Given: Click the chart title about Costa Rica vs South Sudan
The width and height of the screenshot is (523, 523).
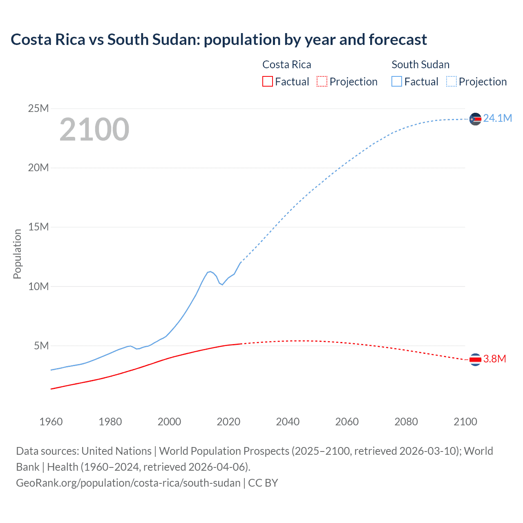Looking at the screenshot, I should point(219,40).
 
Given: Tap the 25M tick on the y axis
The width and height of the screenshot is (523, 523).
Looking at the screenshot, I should point(38,109).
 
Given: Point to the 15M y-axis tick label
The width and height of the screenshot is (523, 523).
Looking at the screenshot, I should point(38,227).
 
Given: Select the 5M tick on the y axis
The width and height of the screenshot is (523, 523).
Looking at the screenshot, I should point(41,346).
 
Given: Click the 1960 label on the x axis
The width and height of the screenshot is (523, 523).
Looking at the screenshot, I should point(51,422).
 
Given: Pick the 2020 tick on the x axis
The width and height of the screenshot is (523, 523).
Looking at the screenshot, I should point(228,422).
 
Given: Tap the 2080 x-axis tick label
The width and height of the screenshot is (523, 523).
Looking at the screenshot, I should point(406,422).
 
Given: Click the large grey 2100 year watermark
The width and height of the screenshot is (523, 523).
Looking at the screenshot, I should point(94,130).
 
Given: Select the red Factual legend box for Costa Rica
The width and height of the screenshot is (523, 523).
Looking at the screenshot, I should point(267,82).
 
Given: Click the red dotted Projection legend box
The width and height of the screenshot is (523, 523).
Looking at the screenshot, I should point(322,82).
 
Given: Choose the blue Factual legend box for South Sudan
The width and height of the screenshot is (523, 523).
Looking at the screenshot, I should point(397,82).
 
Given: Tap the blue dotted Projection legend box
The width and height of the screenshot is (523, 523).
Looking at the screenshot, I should point(451,82).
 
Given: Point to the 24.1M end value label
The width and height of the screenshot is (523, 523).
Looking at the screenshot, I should point(497,118).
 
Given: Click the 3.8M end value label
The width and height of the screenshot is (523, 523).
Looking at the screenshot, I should point(494,359).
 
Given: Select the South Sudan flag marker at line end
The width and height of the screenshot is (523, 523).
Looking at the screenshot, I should point(475,119).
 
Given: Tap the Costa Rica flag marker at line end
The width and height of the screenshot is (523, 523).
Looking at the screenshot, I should point(475,360).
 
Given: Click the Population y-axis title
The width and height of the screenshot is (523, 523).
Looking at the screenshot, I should point(17,254).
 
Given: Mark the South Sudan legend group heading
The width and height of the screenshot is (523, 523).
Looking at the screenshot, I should point(420,65).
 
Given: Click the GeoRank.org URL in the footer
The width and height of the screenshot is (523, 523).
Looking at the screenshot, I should point(128,483).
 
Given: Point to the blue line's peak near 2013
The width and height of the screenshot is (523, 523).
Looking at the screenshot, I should point(210,271).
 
